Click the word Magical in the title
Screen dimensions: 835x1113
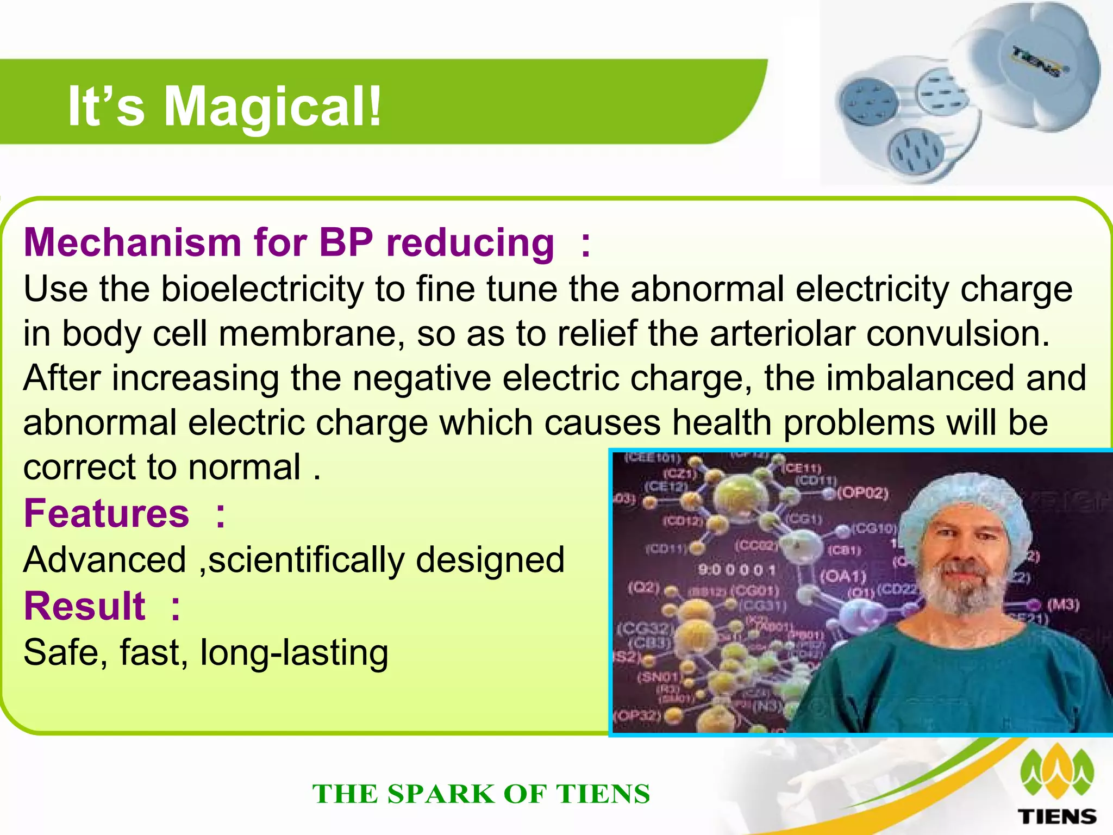(x=272, y=107)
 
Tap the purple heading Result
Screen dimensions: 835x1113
(x=85, y=606)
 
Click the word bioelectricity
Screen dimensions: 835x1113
(x=262, y=289)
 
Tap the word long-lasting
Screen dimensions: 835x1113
(x=294, y=652)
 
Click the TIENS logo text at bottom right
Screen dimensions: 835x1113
(x=1056, y=816)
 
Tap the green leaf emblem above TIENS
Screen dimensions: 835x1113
(x=1057, y=771)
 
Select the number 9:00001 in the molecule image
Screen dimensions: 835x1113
(x=737, y=570)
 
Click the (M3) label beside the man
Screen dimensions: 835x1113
(x=1063, y=605)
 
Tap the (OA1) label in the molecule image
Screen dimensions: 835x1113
(x=842, y=575)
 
